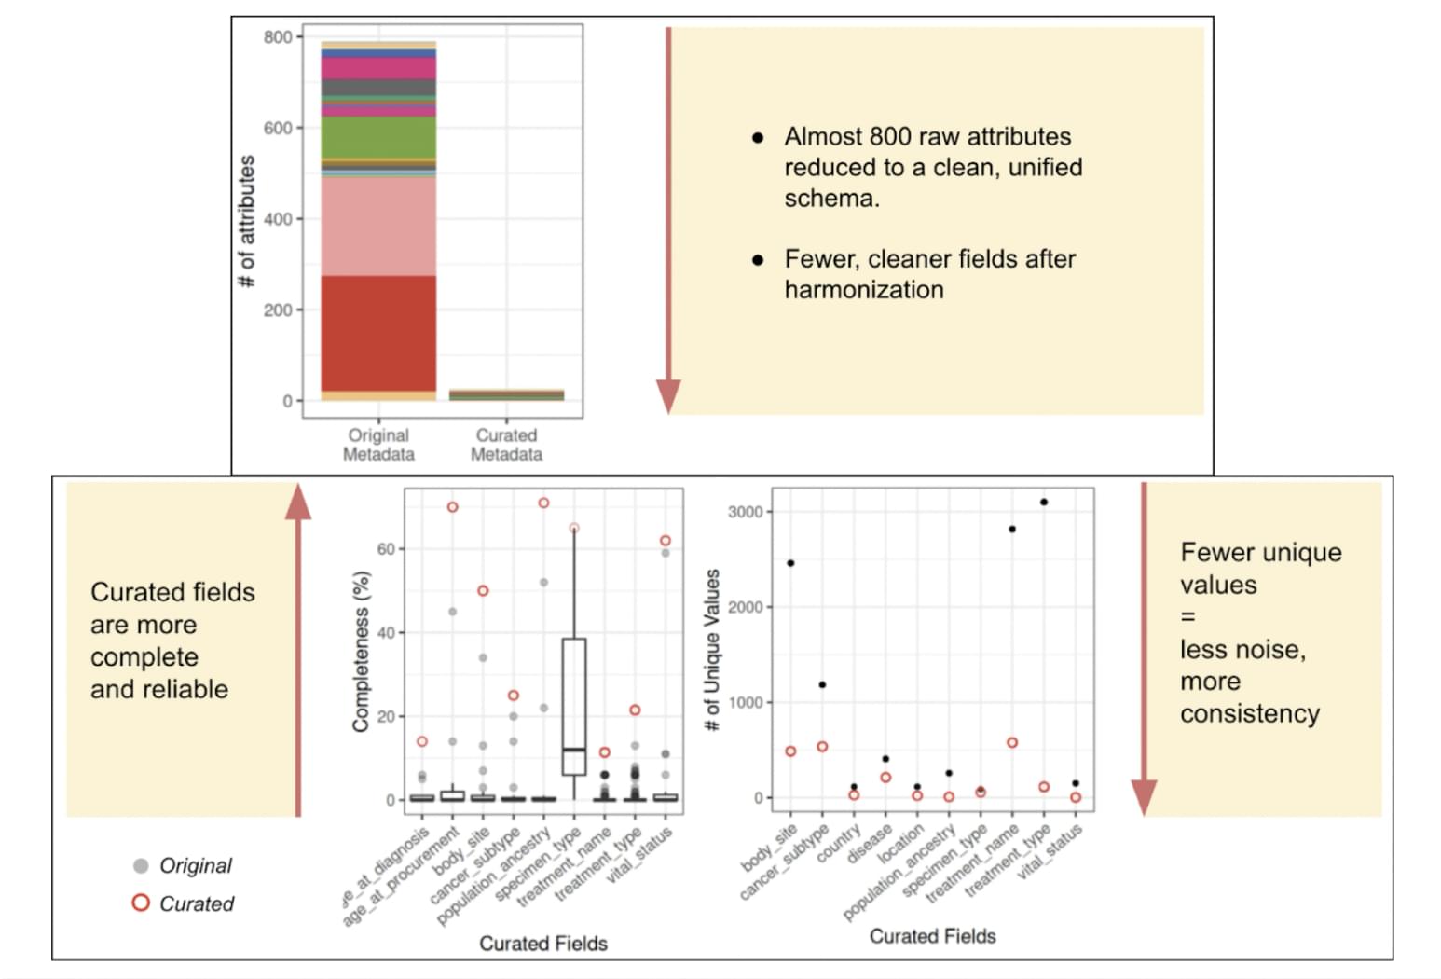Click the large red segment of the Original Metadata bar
coord(378,333)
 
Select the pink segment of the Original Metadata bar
coord(378,226)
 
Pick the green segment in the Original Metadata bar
coord(378,137)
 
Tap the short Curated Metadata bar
coord(506,395)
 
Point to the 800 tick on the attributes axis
coord(277,37)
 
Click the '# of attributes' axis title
coord(247,222)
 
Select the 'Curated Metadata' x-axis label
coord(506,445)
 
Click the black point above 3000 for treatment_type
coord(1044,502)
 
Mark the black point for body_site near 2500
coord(790,563)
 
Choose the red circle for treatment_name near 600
coord(1012,743)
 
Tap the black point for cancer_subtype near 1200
coord(822,684)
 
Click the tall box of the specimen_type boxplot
coord(574,706)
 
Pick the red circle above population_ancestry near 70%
coord(543,503)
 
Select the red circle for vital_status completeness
coord(665,541)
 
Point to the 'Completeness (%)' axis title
coord(362,650)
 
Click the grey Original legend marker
coord(141,865)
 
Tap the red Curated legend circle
coord(141,903)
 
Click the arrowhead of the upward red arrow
coord(298,503)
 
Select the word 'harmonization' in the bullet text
coord(864,290)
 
